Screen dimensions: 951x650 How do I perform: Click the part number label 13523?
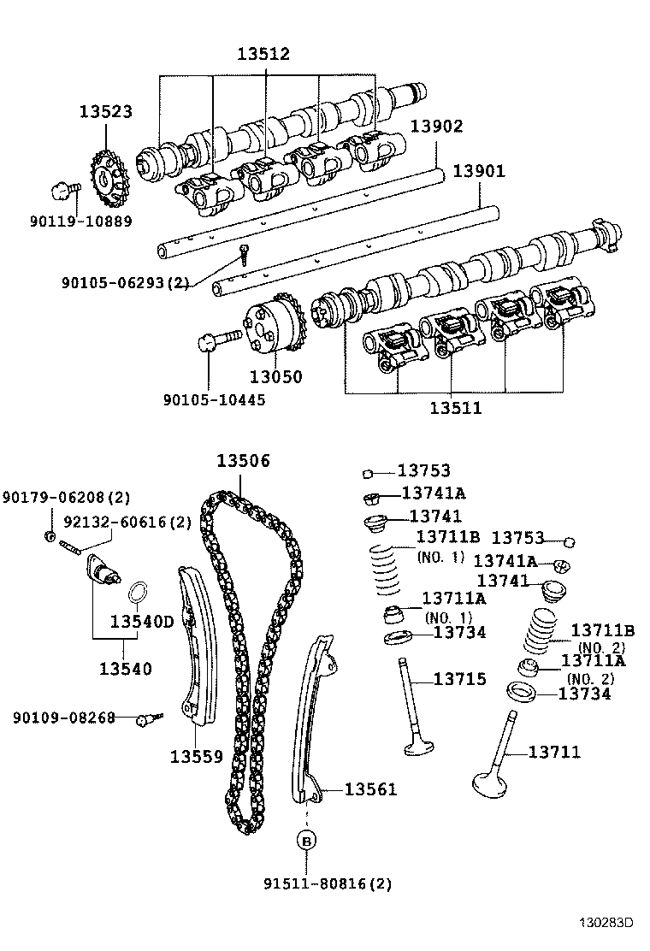point(106,111)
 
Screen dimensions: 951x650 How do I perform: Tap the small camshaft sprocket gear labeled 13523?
point(107,179)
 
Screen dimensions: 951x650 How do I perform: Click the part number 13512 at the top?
point(263,54)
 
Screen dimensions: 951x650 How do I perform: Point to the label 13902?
point(436,127)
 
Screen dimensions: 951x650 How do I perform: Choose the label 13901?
point(479,171)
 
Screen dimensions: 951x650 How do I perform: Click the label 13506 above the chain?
point(242,461)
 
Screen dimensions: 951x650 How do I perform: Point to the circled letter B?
point(305,842)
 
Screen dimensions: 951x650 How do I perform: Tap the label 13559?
point(196,756)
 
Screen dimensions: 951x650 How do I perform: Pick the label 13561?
point(370,789)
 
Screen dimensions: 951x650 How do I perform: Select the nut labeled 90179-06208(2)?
point(50,536)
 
